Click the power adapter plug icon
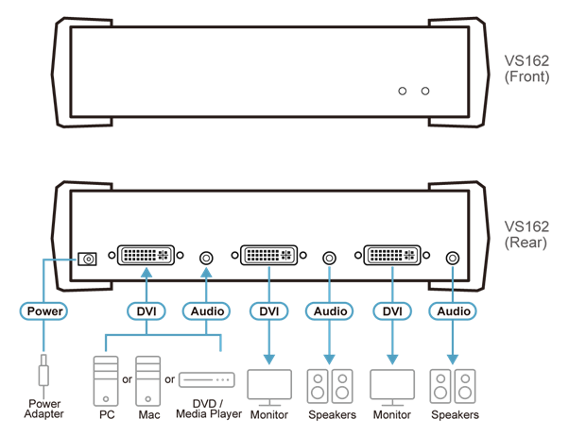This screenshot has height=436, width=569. (43, 372)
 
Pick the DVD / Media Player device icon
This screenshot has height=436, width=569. (206, 380)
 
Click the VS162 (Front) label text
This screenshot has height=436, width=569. (526, 69)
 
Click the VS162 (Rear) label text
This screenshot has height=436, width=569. (526, 234)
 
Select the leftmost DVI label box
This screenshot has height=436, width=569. (147, 310)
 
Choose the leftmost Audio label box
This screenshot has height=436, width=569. (205, 310)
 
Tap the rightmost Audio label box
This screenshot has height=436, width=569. (453, 310)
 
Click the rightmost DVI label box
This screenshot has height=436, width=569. (391, 310)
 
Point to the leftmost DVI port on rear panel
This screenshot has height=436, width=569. (146, 256)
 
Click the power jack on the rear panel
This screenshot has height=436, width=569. (87, 258)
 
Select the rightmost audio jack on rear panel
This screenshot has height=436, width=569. (453, 258)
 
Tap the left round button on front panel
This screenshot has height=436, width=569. (404, 91)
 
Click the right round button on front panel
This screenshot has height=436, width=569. (425, 91)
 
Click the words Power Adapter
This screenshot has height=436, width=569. (43, 410)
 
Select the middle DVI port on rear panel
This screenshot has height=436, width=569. (269, 256)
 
